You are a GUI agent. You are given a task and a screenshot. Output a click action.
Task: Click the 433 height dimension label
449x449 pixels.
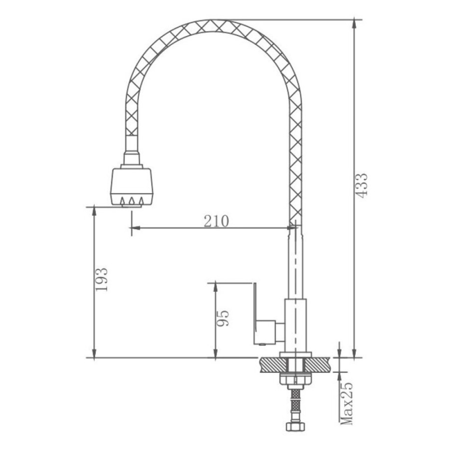pos(362,185)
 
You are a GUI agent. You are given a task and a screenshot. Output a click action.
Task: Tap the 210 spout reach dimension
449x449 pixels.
pos(217,221)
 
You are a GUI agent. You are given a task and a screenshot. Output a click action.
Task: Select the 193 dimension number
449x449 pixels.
pos(101,279)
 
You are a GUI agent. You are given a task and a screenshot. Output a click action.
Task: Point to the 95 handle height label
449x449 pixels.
pos(223,318)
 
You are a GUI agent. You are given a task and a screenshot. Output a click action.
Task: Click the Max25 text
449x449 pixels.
pos(347,403)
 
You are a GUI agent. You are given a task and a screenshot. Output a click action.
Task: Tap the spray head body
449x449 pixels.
pos(132,187)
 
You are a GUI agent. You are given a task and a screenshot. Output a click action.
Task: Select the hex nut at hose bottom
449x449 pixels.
pos(295,426)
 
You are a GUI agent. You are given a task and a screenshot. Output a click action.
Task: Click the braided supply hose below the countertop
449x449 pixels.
pos(295,403)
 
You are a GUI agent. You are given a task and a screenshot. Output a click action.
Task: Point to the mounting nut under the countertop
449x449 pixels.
pos(295,379)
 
